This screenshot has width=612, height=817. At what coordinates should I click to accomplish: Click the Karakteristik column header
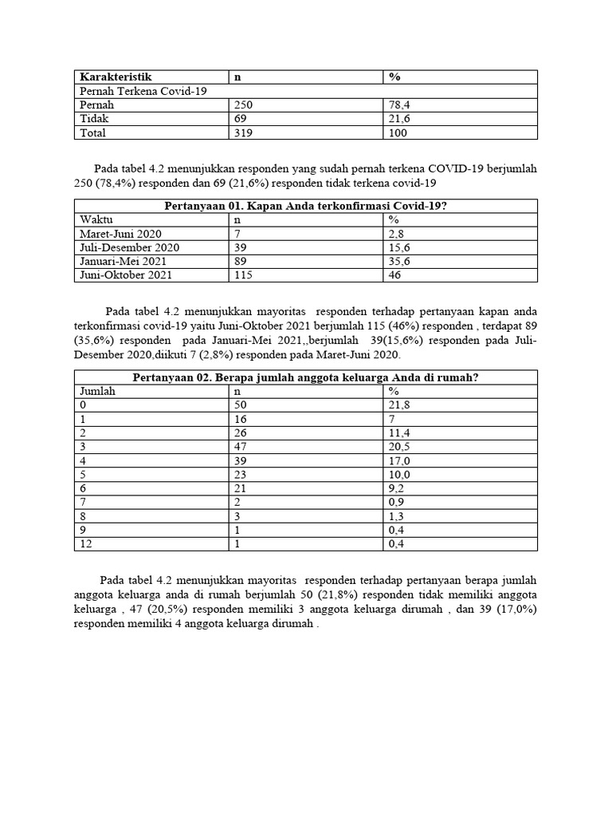(x=116, y=77)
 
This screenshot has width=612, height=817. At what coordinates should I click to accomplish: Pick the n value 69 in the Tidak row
(x=240, y=119)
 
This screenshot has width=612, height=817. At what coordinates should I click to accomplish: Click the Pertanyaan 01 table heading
(x=306, y=206)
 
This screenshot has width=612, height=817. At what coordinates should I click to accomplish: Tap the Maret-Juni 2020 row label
(x=121, y=234)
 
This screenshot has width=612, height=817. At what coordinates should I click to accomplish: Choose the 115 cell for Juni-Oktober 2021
(x=243, y=274)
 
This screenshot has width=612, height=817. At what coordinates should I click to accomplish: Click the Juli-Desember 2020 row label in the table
(x=130, y=247)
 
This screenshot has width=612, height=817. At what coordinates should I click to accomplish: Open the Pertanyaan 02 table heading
(x=306, y=377)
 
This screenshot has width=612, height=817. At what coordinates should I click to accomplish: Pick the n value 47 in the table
(x=240, y=447)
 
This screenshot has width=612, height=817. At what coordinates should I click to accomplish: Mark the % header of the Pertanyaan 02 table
(x=394, y=391)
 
